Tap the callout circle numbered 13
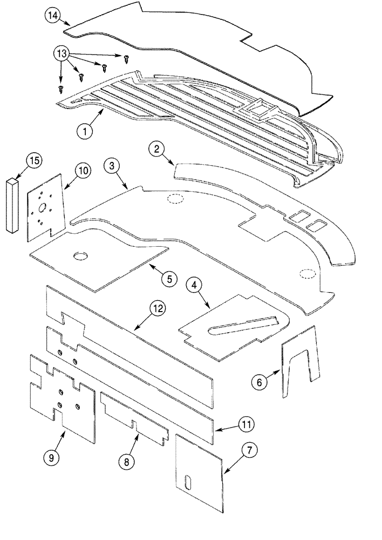(62, 54)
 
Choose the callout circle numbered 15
(35, 160)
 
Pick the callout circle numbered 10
(83, 171)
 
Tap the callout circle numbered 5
(168, 279)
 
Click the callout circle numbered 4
(195, 284)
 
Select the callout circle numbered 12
(157, 309)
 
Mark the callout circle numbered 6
(258, 382)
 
